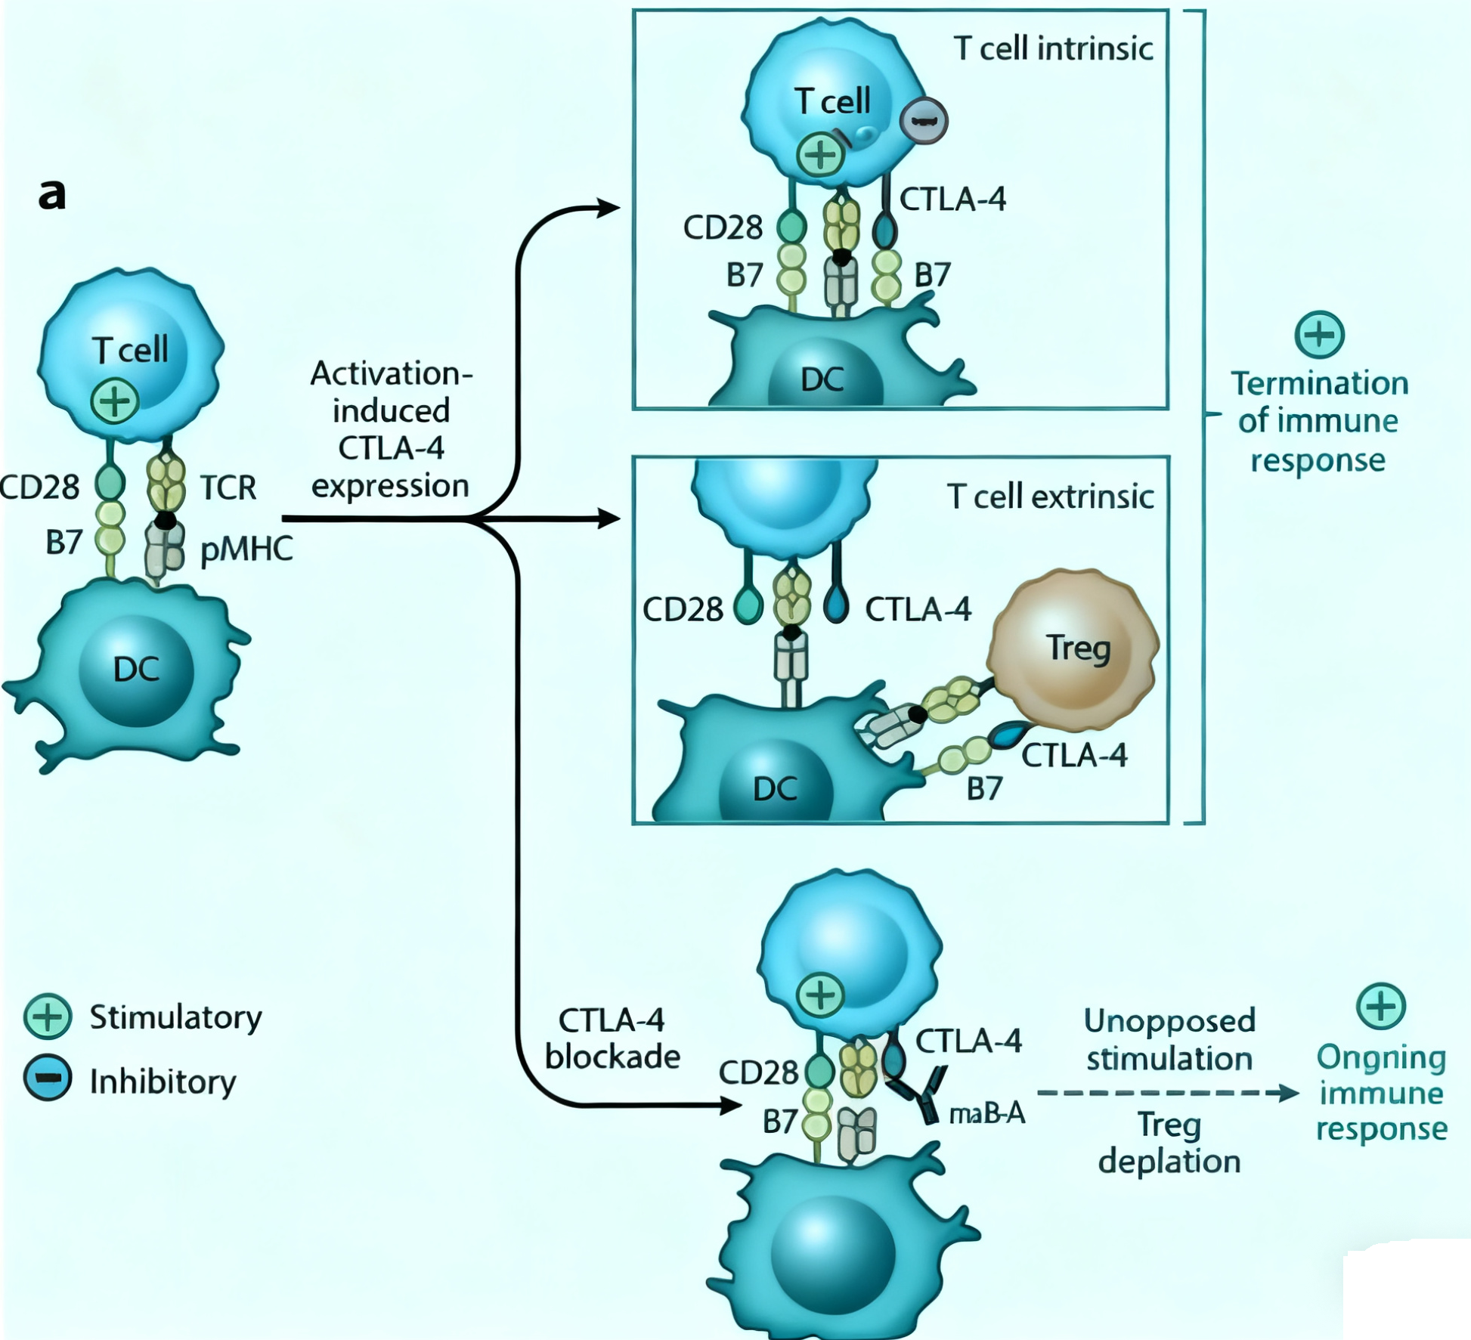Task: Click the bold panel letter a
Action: coord(52,194)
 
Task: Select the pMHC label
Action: coord(246,549)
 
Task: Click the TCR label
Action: coord(228,488)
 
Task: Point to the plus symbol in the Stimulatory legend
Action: coord(48,1017)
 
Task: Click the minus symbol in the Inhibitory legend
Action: coord(48,1078)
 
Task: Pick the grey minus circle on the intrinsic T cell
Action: coord(924,121)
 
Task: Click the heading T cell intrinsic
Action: coord(1053,49)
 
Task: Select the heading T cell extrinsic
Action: coord(1050,497)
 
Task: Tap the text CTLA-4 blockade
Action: coord(612,1038)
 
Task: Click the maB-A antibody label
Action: coord(987,1113)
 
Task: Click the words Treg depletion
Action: coord(1169,1143)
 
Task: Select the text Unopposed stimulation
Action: coord(1169,1039)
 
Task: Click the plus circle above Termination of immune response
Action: coord(1319,335)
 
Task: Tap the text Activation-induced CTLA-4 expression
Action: coord(391,429)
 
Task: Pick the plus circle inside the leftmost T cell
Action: coord(115,401)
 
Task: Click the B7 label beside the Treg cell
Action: coord(984,789)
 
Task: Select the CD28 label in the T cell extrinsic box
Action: coord(683,609)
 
